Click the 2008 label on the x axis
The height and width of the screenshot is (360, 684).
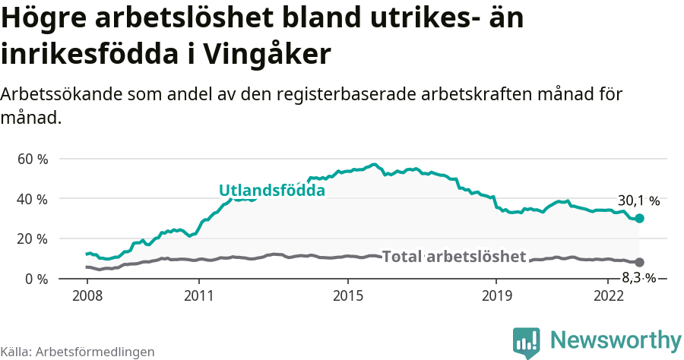[87, 295]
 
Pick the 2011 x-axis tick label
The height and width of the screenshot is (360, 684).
[198, 295]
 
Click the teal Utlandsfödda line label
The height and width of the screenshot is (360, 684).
[272, 191]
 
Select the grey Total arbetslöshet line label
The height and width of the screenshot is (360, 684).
[454, 257]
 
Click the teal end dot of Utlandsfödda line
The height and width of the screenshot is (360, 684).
[640, 219]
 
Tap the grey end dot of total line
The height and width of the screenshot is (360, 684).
[640, 262]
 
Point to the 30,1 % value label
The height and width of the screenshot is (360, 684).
[638, 201]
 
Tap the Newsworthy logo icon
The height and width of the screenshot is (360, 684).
[527, 341]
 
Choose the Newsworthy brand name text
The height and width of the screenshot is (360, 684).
[616, 339]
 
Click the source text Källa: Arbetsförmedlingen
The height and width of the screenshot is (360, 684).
[78, 352]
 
